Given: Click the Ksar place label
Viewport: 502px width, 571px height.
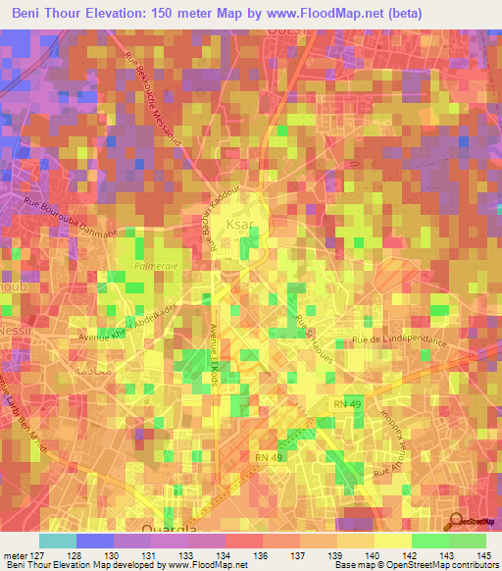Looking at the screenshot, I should point(240,224).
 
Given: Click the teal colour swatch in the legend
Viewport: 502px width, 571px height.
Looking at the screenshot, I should point(58,541).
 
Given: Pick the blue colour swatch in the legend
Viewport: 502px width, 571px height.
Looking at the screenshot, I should point(95,541).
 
